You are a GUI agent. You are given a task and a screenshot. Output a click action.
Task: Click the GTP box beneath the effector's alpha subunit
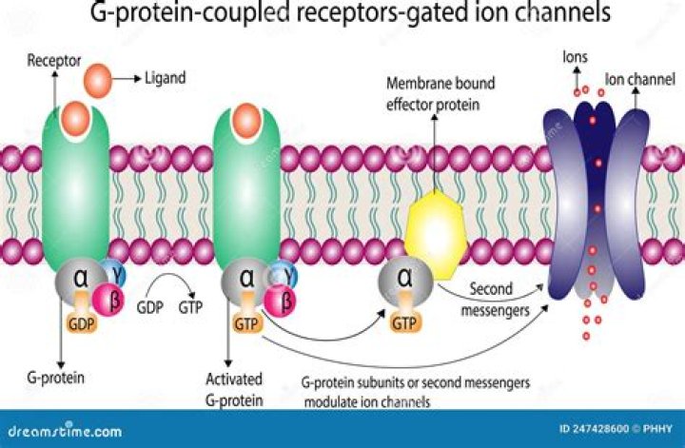[x=404, y=323]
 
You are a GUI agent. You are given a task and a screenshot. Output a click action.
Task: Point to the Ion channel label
[x=639, y=79]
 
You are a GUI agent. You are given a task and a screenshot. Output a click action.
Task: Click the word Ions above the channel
[x=575, y=57]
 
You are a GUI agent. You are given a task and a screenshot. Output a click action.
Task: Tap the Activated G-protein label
[x=234, y=387]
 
